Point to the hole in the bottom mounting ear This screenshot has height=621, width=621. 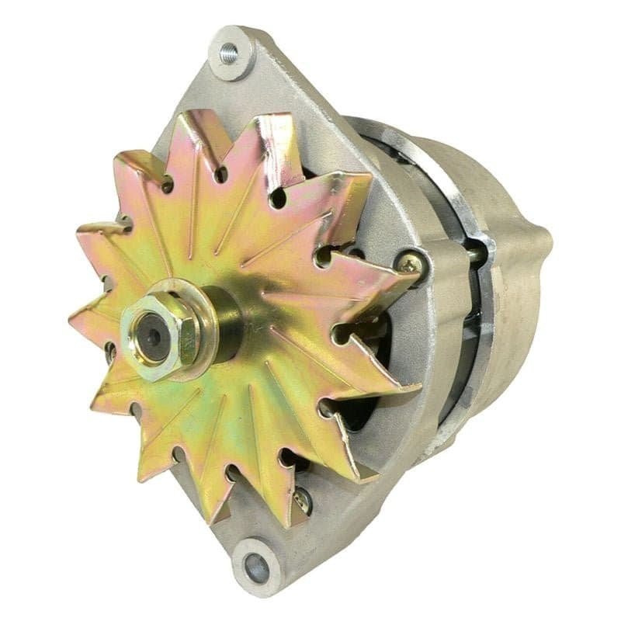click(256, 568)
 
